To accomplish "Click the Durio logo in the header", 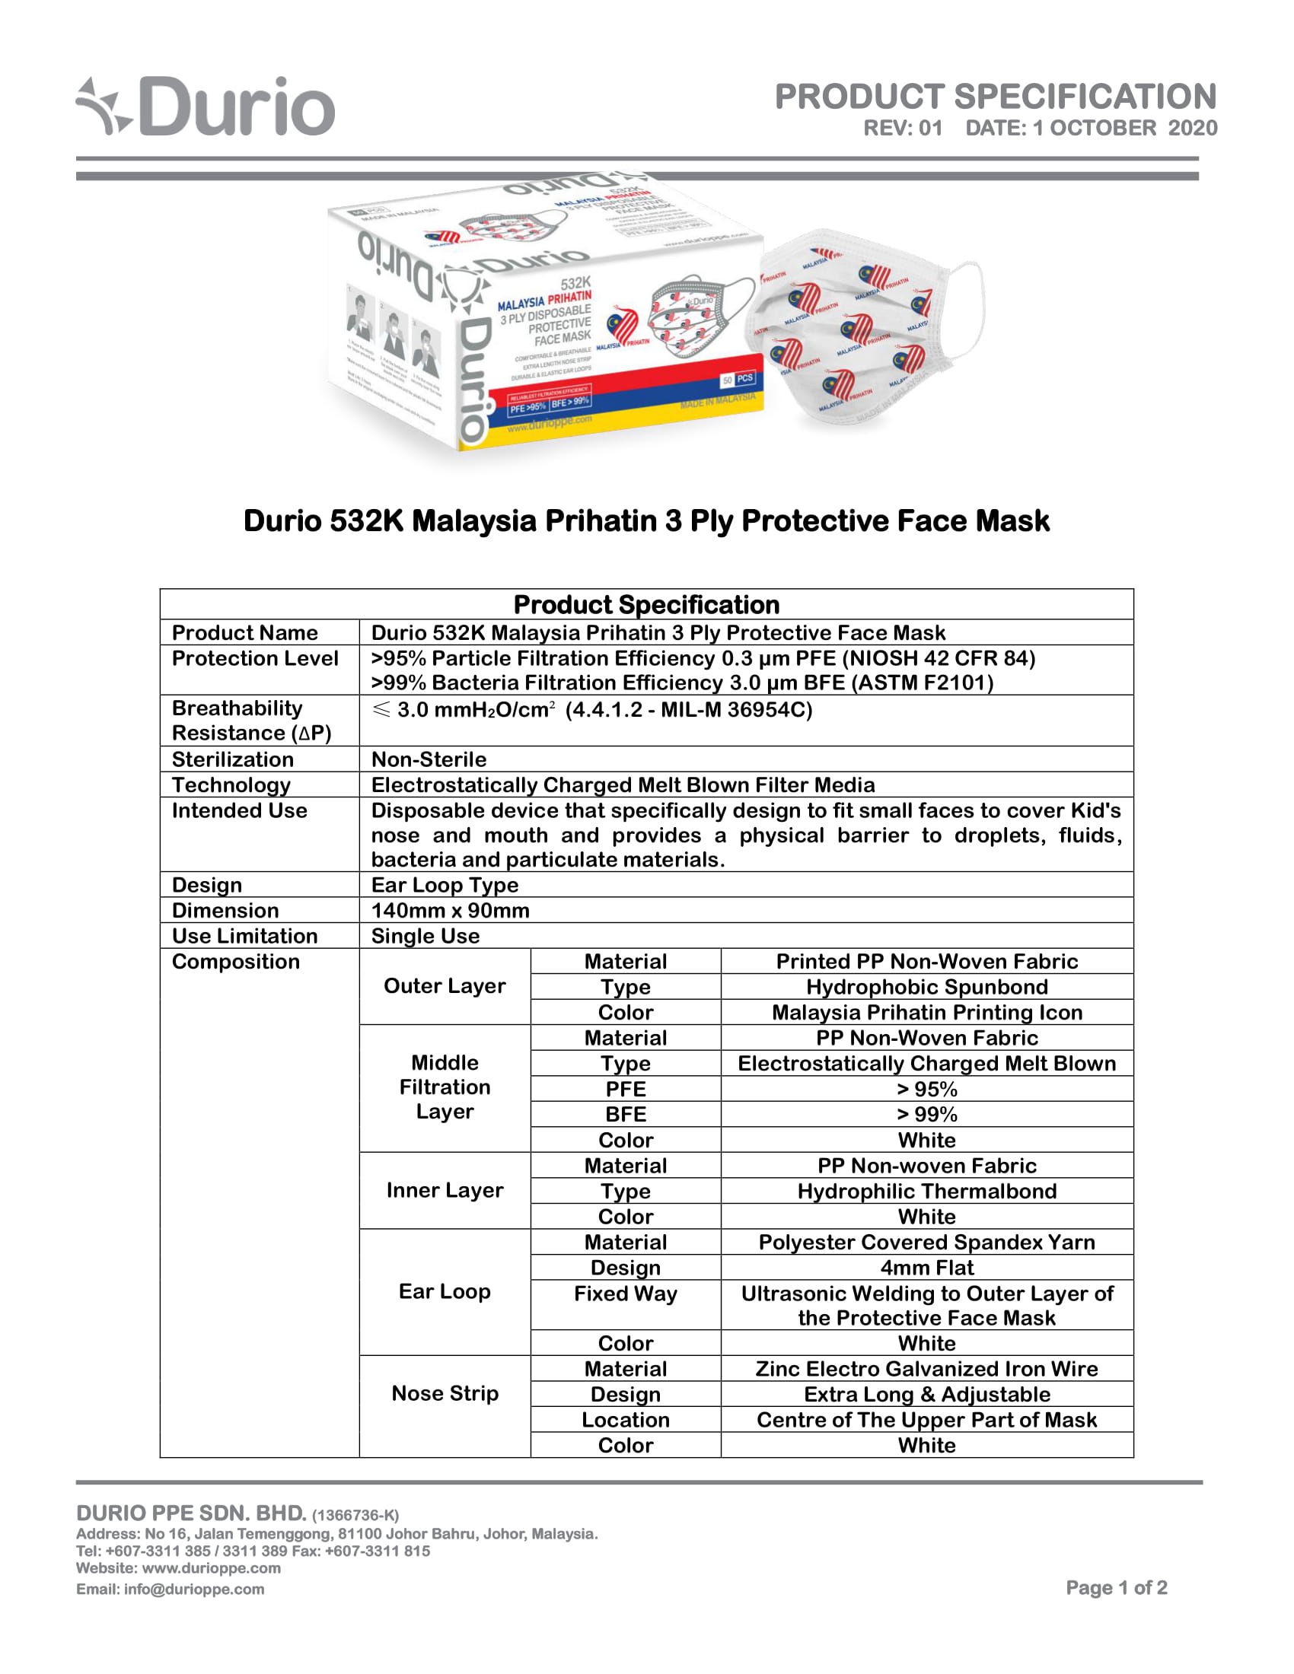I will pos(206,107).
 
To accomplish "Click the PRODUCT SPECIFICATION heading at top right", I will pos(995,97).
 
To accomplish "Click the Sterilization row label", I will pos(233,759).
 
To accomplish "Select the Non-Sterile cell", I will pos(429,759).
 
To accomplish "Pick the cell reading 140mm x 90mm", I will pos(450,910).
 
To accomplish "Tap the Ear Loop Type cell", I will pos(445,884).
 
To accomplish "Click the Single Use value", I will pos(425,936).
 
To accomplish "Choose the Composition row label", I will pos(235,961).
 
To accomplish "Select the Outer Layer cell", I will pos(445,985).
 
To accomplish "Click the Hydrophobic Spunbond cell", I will pos(926,986).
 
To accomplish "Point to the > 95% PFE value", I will pos(926,1088).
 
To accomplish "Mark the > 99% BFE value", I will pos(926,1114).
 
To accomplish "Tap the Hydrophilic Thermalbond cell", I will pos(926,1190).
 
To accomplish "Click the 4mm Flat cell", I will pos(926,1267).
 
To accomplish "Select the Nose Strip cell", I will pos(445,1392).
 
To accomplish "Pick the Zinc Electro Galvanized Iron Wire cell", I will pos(926,1368).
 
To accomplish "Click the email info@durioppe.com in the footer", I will pos(171,1589).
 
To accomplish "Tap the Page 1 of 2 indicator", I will pos(1116,1587).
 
